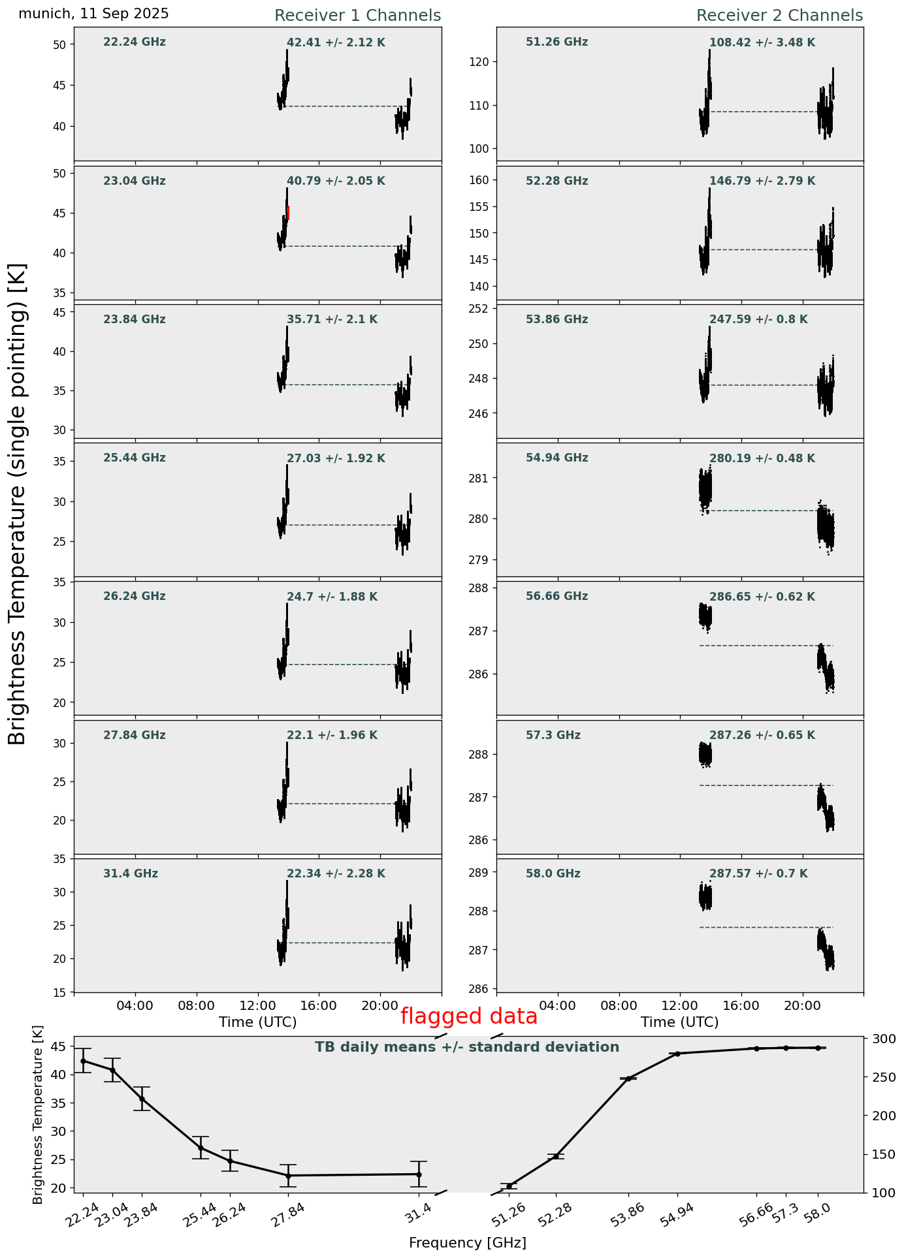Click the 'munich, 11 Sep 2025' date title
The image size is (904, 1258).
pos(93,14)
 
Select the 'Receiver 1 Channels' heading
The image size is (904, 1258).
pos(357,16)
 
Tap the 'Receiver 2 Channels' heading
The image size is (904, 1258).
pos(779,16)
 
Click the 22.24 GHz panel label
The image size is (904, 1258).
pos(135,42)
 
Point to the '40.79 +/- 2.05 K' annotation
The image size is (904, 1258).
pos(336,181)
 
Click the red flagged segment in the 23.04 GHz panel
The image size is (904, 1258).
pos(288,213)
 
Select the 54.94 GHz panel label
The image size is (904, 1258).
pos(557,458)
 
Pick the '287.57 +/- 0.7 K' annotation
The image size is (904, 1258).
pos(758,874)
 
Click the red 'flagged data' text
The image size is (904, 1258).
pos(468,1016)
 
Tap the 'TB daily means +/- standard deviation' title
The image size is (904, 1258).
pos(467,1048)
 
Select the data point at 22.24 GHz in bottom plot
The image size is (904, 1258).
pos(83,1061)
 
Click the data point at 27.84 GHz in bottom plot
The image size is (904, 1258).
pos(288,1176)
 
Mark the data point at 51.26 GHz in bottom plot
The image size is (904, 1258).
pos(509,1186)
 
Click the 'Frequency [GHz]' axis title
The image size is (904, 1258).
pos(467,1243)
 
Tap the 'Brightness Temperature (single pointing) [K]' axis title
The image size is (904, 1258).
pos(17,504)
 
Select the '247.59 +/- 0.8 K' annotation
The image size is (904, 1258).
pos(758,320)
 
